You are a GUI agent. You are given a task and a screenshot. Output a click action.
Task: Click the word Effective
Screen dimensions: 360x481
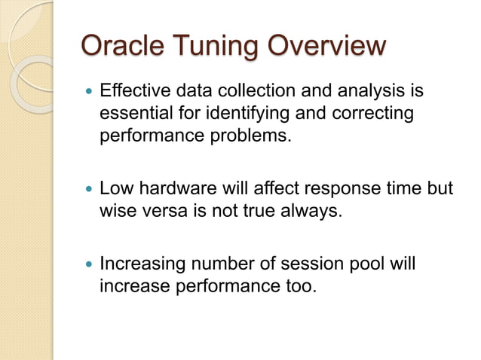pyautogui.click(x=136, y=93)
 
